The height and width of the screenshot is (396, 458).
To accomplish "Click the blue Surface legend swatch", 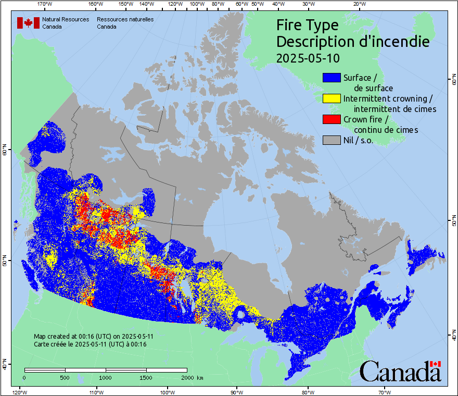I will tap(332, 78).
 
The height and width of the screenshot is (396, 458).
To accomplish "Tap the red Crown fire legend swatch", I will tap(332, 119).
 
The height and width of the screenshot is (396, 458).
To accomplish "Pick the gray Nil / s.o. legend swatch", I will tap(332, 140).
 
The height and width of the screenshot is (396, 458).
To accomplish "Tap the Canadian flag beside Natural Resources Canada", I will tap(28, 23).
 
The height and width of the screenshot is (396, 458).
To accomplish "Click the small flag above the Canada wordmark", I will tap(436, 364).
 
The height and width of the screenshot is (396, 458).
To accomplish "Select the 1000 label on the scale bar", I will tap(106, 377).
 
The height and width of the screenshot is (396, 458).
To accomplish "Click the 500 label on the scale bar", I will tap(65, 377).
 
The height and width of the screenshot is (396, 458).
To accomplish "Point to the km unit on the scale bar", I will tap(200, 377).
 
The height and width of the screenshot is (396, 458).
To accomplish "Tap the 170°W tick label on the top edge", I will tap(45, 4).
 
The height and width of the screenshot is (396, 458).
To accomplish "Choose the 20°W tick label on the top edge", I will tap(358, 4).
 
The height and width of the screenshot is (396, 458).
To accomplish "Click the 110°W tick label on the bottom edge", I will tap(96, 392).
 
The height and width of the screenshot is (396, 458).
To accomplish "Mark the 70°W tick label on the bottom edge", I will tap(385, 392).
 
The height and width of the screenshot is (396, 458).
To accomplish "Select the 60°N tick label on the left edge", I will tap(5, 151).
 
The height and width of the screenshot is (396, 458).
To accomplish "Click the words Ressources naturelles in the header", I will tap(125, 19).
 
